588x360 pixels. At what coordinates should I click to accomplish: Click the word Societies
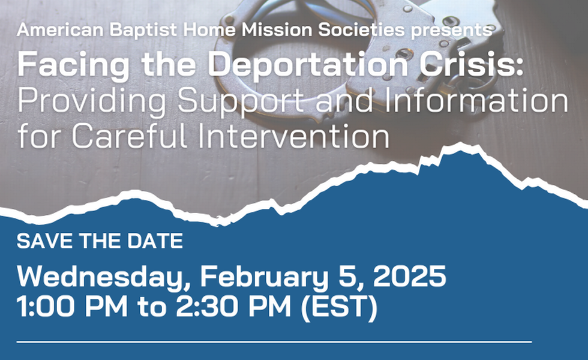[361, 30]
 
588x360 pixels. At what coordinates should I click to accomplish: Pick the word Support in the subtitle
[241, 101]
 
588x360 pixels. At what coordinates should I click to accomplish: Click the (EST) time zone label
[340, 307]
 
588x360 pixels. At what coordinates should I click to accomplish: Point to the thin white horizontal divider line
[274, 341]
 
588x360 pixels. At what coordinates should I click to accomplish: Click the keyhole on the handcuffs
[403, 53]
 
